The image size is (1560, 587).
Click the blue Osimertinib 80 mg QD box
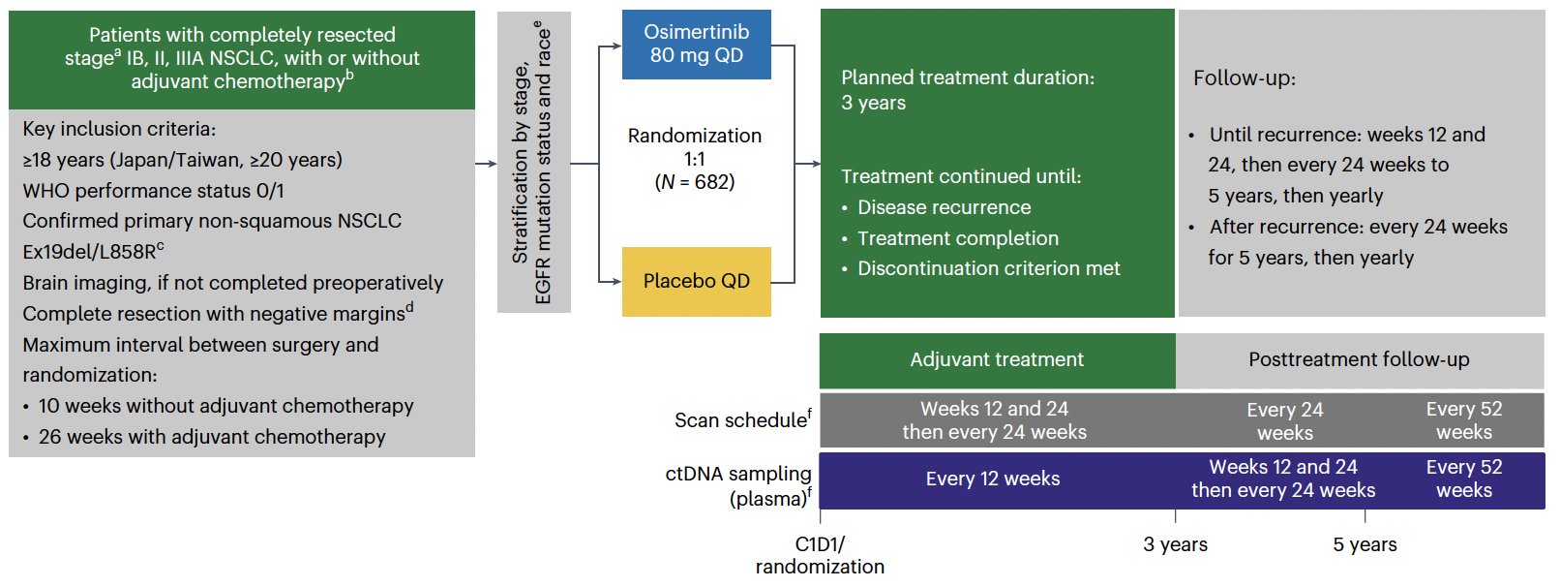(697, 44)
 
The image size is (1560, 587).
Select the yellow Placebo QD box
(697, 282)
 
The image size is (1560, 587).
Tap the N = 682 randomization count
(694, 182)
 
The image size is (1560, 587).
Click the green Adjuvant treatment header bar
(998, 360)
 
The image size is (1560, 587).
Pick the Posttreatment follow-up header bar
(1360, 360)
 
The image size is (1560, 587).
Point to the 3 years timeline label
(1176, 544)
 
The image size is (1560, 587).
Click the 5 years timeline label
(1365, 544)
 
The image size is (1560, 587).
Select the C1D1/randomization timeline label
(820, 555)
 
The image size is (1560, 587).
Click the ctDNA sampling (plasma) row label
(739, 486)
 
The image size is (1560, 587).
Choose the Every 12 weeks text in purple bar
(992, 479)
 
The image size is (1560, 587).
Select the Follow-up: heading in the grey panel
(1245, 78)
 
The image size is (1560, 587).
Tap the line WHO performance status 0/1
(153, 191)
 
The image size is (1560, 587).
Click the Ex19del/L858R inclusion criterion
(93, 250)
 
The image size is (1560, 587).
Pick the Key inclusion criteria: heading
(119, 129)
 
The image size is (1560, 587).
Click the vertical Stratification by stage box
(533, 163)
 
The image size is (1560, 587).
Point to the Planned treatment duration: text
(968, 77)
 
